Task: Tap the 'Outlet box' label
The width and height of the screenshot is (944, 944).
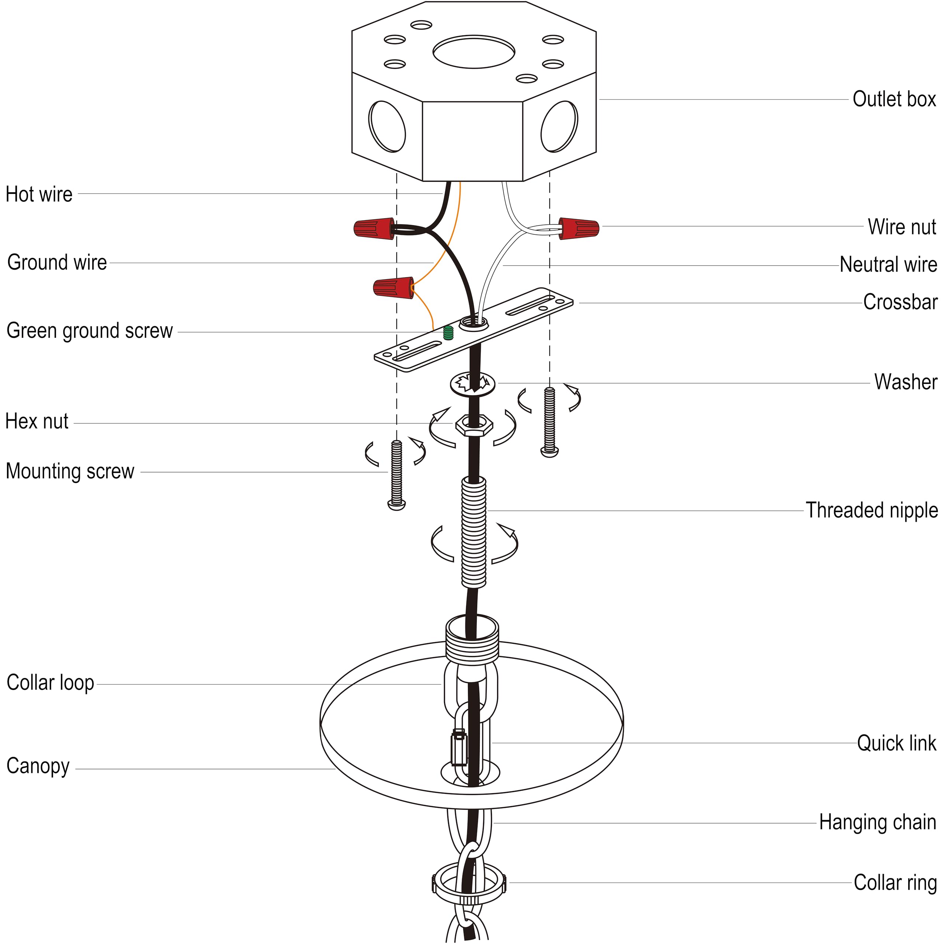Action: [x=894, y=99]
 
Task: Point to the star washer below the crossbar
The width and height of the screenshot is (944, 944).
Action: [x=472, y=383]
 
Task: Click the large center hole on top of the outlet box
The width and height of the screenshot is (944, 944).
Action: [x=473, y=51]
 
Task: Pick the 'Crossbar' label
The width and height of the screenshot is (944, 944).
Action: [x=900, y=302]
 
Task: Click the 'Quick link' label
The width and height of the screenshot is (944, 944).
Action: [x=896, y=743]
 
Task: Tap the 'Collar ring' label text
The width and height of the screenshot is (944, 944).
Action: [x=895, y=882]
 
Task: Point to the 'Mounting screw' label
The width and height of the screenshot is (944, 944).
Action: [x=70, y=472]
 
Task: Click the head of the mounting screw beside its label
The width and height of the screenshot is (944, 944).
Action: [x=396, y=505]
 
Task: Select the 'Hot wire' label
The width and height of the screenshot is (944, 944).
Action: [x=39, y=194]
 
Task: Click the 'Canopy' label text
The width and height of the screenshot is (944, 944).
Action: [x=38, y=766]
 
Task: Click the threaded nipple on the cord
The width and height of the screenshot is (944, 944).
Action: [x=473, y=532]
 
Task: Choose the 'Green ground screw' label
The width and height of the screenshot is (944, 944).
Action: [x=89, y=331]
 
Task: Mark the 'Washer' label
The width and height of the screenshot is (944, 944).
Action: [x=905, y=382]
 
